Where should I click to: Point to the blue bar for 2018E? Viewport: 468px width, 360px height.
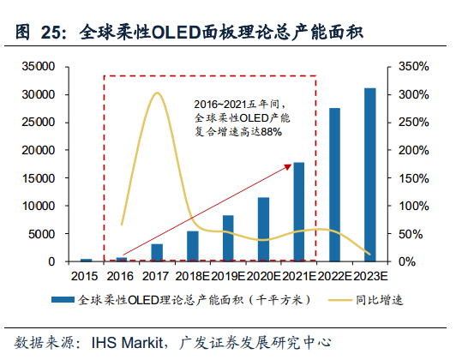tap(193, 246)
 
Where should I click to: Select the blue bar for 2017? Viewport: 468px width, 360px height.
tap(157, 253)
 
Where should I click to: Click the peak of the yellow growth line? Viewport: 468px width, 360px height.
tap(156, 93)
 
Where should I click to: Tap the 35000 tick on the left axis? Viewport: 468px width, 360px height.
tap(39, 66)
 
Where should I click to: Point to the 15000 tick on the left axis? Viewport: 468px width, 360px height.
tap(39, 178)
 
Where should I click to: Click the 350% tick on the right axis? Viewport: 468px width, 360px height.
tap(411, 66)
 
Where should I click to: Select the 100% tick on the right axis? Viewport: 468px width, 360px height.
tap(411, 206)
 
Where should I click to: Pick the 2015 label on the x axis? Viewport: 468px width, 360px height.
tap(86, 275)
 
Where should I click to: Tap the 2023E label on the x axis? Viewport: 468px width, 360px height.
tap(370, 275)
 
